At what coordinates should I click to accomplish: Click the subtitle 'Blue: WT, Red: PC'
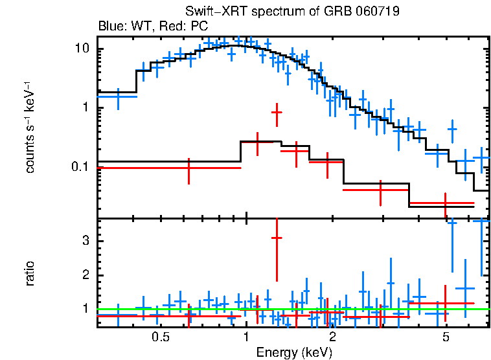153,27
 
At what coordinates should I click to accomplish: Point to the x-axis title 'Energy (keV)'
293,352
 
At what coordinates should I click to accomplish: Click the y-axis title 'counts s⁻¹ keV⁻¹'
30,128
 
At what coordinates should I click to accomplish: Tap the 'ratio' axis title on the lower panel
30,273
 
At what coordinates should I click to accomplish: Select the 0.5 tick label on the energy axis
161,337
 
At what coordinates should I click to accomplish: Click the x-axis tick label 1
246,337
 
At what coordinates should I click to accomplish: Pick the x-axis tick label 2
332,337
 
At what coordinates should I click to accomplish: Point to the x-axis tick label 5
446,337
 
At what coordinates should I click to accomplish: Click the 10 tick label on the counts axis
82,49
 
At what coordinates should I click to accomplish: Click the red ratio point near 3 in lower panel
277,238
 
